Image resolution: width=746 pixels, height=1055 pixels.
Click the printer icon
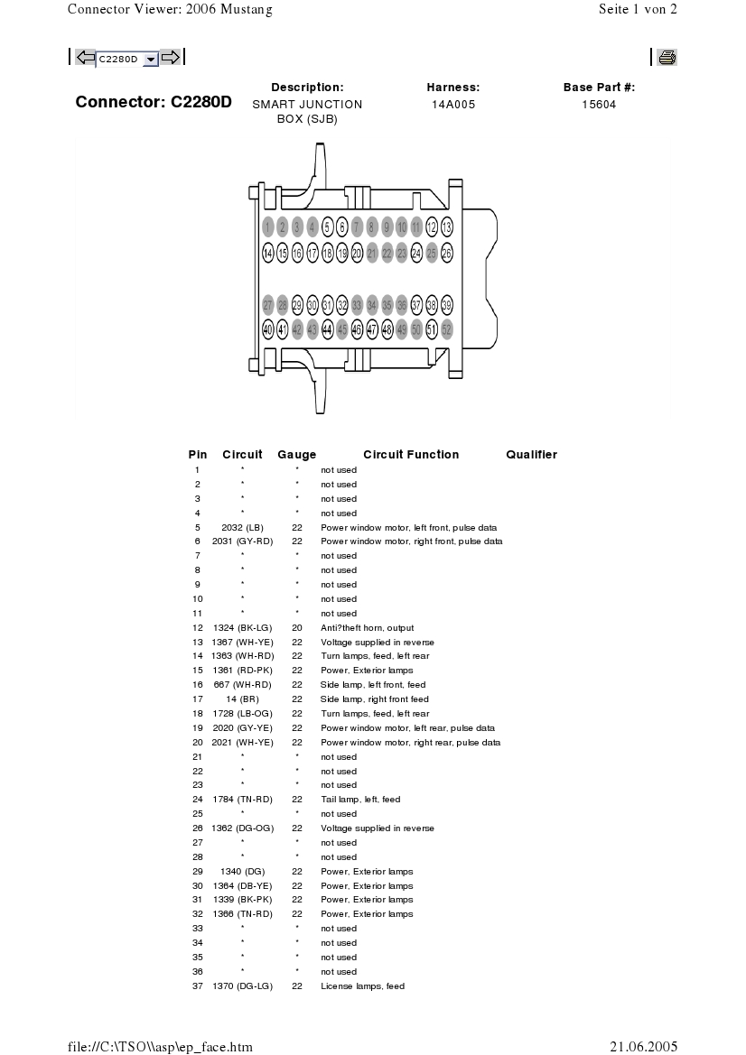[x=667, y=58]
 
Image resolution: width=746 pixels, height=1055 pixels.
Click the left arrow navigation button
[x=86, y=58]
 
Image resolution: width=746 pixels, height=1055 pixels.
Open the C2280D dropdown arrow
[x=151, y=59]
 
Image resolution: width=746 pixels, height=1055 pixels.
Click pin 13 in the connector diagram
[x=446, y=227]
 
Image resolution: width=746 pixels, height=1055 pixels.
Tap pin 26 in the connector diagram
[x=446, y=254]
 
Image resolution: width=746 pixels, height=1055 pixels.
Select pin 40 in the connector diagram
[x=268, y=330]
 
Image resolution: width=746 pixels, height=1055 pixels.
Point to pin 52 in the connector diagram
[x=446, y=330]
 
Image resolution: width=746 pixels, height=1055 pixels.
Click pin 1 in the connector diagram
[x=268, y=227]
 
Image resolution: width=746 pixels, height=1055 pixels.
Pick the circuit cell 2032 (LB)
[x=242, y=527]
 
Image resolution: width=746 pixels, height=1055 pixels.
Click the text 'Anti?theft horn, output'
[x=368, y=627]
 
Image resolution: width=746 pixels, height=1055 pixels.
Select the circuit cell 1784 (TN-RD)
[x=242, y=800]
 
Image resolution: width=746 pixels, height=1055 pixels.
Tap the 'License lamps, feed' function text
[x=362, y=986]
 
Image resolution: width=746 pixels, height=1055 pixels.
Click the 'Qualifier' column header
[x=531, y=455]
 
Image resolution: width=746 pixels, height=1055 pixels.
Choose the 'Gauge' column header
[x=296, y=455]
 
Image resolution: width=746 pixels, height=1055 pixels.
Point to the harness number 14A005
[x=452, y=105]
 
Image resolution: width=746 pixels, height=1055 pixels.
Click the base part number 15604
[x=599, y=105]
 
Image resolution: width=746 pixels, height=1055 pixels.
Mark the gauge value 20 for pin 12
[x=296, y=627]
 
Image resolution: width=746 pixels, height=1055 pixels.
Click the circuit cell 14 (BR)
[x=242, y=699]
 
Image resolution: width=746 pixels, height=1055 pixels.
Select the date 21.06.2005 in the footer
[x=643, y=1047]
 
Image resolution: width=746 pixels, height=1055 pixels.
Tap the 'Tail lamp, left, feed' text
[x=360, y=800]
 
